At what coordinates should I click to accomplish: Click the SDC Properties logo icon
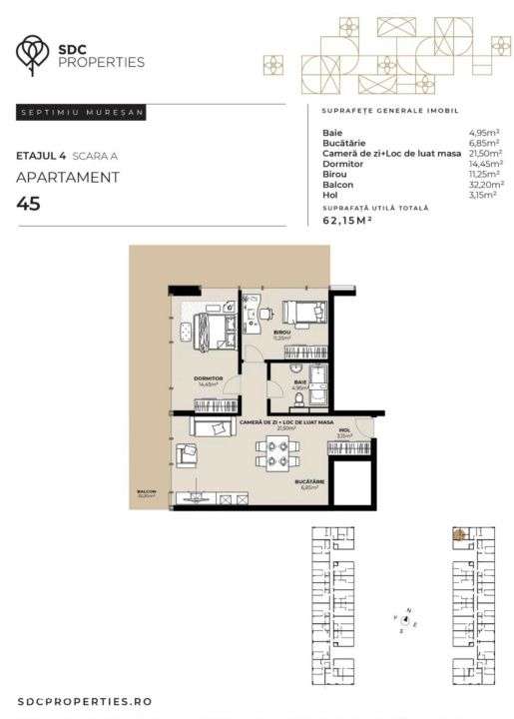click(36, 54)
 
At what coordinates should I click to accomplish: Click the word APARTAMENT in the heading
click(68, 178)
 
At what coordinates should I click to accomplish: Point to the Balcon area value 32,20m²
click(486, 186)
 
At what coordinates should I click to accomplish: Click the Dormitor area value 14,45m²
click(486, 163)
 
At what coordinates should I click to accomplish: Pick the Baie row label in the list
click(331, 132)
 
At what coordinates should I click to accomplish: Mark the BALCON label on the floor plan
click(148, 491)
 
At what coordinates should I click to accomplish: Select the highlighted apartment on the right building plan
click(460, 534)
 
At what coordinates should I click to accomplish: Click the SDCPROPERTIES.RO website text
click(84, 702)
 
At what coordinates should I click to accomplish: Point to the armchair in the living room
click(186, 455)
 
